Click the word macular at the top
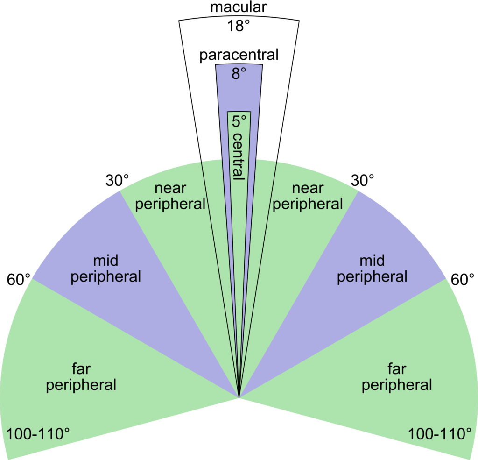pyautogui.click(x=239, y=7)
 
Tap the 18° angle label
pyautogui.click(x=239, y=26)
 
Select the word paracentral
pyautogui.click(x=239, y=55)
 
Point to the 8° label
pyautogui.click(x=239, y=73)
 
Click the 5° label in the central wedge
pyautogui.click(x=239, y=121)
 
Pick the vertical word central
pyautogui.click(x=239, y=156)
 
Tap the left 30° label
pyautogui.click(x=117, y=180)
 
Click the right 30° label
pyautogui.click(x=362, y=180)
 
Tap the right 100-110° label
pyautogui.click(x=440, y=434)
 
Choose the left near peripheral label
pyautogui.click(x=170, y=197)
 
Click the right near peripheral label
pyautogui.click(x=308, y=197)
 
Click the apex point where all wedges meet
pyautogui.click(x=239, y=398)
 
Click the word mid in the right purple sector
pyautogui.click(x=372, y=261)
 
